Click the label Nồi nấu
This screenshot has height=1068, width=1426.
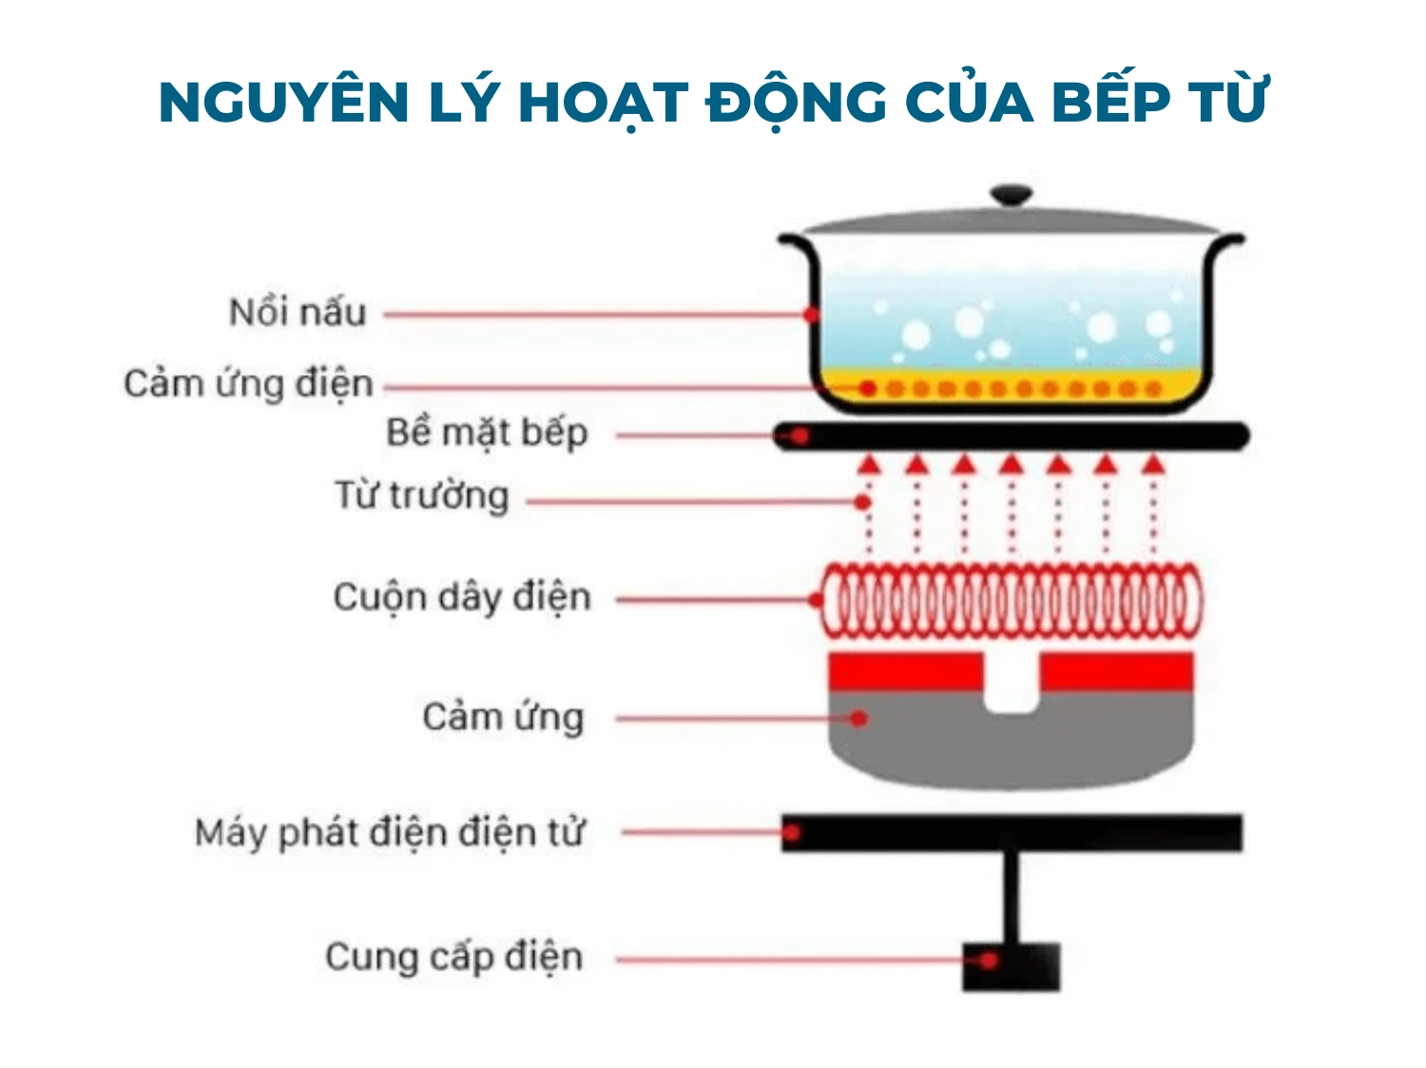(297, 313)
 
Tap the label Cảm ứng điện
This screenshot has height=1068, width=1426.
(248, 384)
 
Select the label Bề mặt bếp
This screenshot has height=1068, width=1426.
(487, 433)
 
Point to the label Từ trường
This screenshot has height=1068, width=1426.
(421, 496)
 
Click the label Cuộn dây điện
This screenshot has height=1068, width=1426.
(462, 598)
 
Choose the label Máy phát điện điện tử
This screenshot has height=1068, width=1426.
(389, 832)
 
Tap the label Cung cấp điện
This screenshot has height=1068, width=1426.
(453, 957)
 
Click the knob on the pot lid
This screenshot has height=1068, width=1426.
(1011, 196)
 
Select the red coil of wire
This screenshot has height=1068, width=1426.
(1011, 600)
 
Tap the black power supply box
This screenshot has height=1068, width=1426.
(1011, 966)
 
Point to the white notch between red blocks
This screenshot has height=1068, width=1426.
(1012, 683)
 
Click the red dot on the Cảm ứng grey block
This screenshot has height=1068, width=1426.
(859, 718)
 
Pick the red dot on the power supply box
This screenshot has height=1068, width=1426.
(989, 961)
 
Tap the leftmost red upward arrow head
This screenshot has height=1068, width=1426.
(868, 464)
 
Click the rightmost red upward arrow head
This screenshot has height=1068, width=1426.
(1153, 464)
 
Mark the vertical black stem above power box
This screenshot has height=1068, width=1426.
(1011, 897)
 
